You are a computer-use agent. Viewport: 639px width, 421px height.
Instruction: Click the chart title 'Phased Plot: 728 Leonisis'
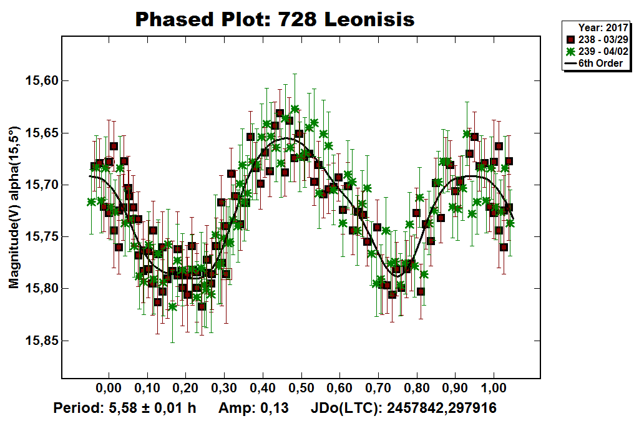[x=275, y=19]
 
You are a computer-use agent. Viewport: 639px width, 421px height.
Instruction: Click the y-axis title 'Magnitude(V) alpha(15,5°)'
[x=14, y=207]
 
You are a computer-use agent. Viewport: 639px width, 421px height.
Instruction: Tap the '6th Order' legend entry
[x=600, y=63]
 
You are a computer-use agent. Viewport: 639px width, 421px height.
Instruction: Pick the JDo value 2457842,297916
[x=442, y=409]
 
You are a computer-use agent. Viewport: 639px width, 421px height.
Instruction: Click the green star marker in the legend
[x=570, y=51]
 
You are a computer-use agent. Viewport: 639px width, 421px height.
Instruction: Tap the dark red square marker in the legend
[x=570, y=39]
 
